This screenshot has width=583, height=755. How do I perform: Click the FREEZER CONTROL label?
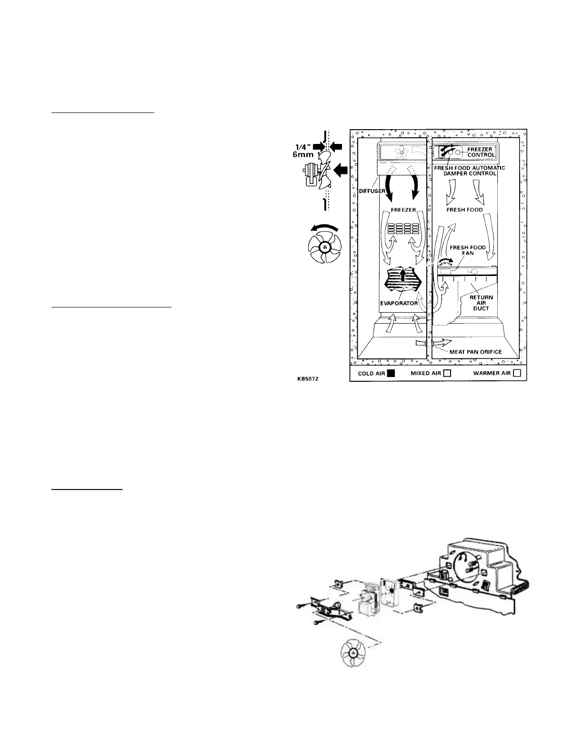click(481, 152)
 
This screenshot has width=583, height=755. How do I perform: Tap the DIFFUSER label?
click(372, 191)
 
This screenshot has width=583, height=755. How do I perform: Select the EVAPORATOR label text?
click(402, 303)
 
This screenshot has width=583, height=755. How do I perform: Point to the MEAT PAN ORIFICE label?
click(475, 352)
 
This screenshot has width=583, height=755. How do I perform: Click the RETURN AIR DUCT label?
click(481, 303)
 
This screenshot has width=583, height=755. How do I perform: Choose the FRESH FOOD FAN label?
click(468, 250)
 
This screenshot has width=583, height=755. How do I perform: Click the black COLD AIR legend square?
click(391, 374)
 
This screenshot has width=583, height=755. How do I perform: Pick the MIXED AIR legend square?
click(447, 374)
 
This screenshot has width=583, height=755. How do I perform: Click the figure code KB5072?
click(307, 379)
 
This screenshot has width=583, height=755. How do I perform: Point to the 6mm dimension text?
click(302, 155)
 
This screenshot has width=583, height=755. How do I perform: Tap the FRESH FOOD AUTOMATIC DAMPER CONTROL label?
click(469, 171)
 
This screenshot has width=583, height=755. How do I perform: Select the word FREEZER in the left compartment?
click(403, 210)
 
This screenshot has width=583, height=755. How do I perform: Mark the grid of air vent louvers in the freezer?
click(404, 228)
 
